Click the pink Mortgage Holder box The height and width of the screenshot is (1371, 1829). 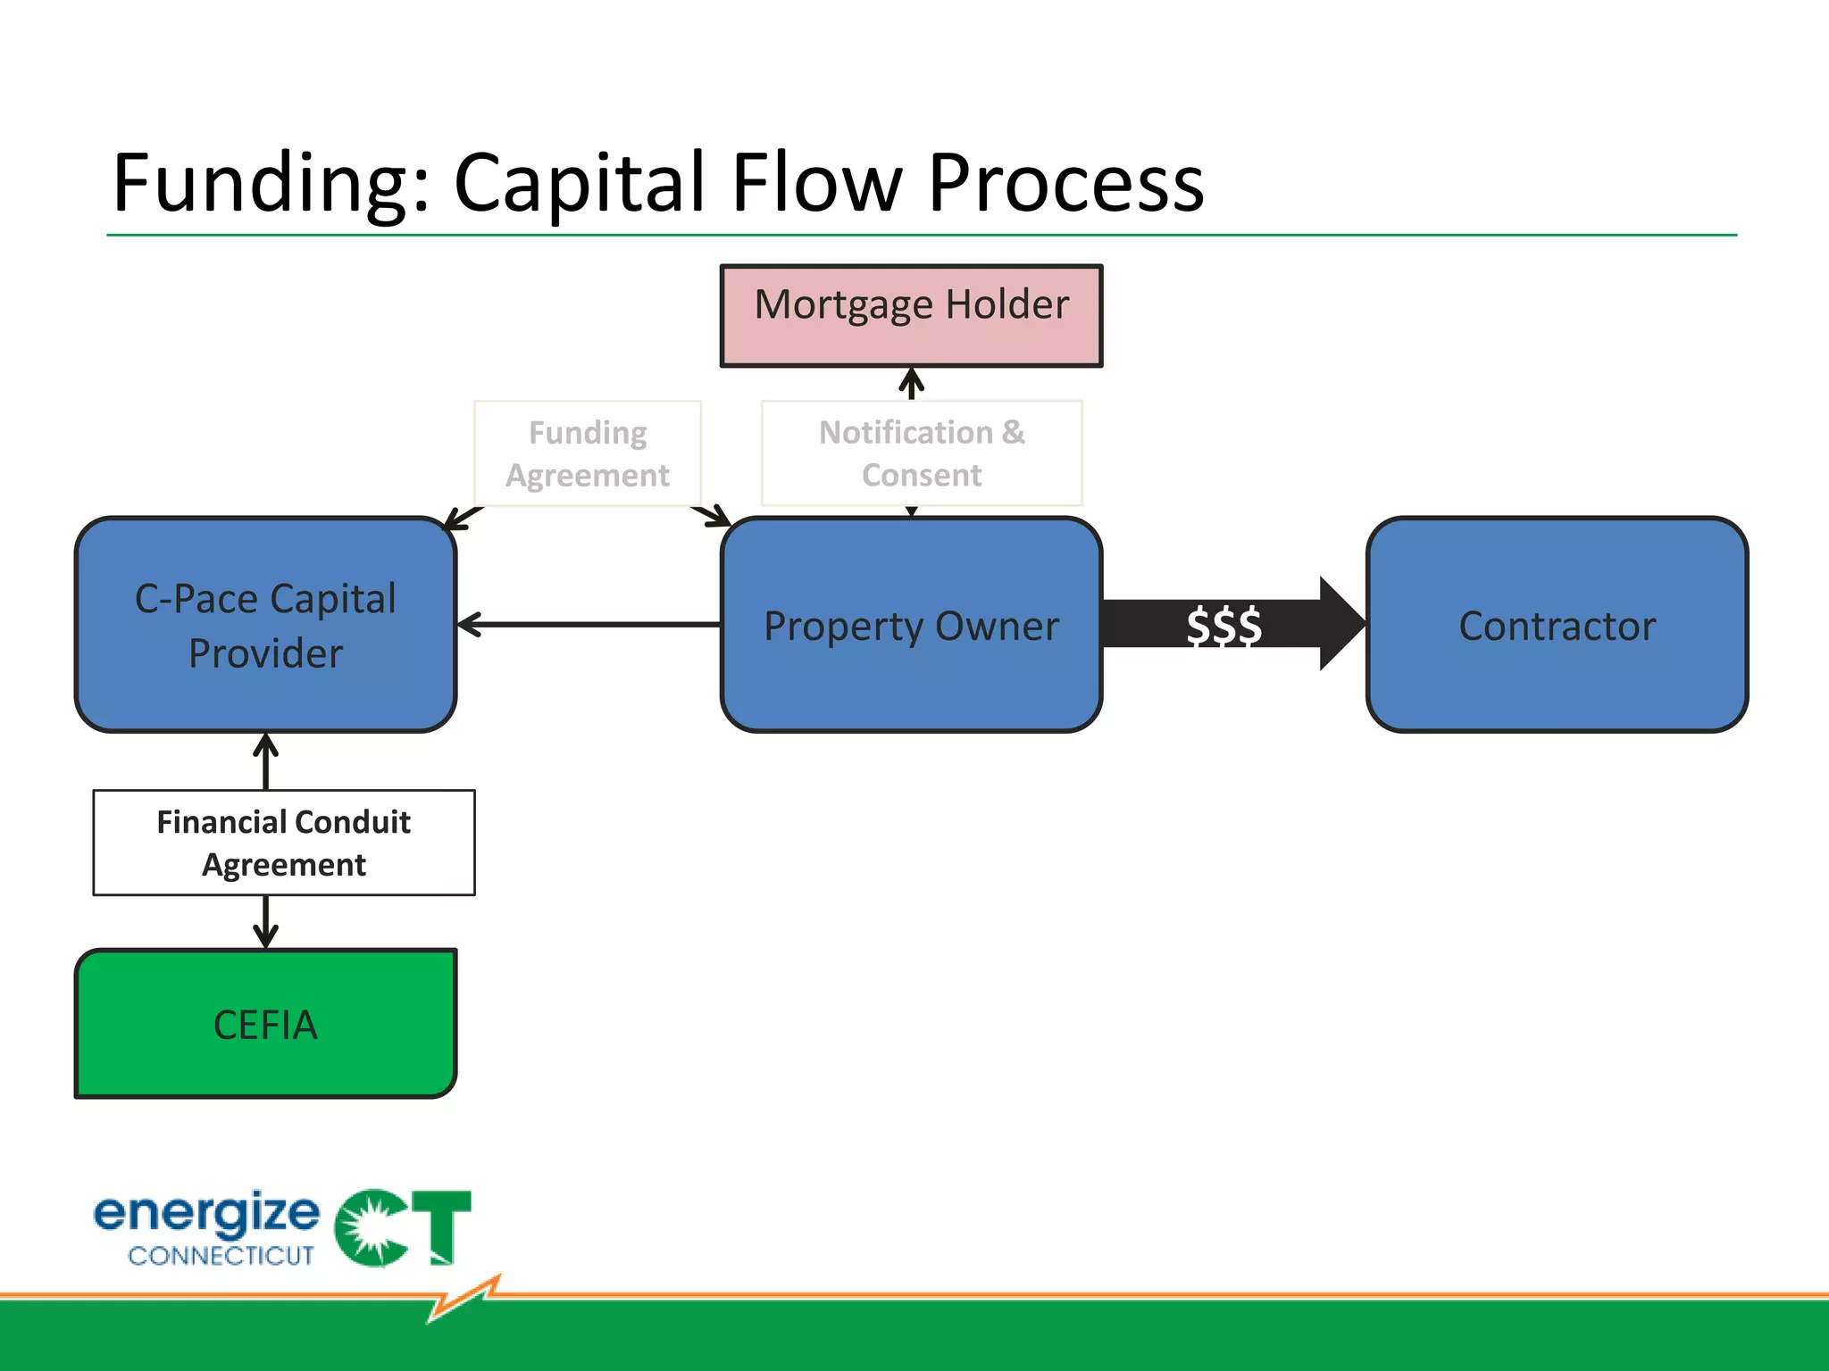(x=911, y=315)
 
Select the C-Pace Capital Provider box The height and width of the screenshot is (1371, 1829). (x=265, y=625)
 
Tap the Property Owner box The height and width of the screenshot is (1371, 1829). (x=911, y=625)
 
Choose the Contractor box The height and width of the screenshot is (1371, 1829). (x=1557, y=625)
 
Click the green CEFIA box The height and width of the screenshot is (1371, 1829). (x=265, y=1024)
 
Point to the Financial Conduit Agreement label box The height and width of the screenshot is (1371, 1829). (x=284, y=843)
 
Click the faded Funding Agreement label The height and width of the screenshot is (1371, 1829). (x=588, y=453)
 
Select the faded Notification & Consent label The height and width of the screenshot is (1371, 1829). (x=922, y=453)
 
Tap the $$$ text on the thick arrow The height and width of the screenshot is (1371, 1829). (x=1224, y=625)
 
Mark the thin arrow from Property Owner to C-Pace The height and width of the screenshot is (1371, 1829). (x=589, y=625)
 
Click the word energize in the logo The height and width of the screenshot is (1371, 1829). (x=206, y=1214)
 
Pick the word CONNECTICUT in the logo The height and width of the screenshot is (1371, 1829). (x=221, y=1256)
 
